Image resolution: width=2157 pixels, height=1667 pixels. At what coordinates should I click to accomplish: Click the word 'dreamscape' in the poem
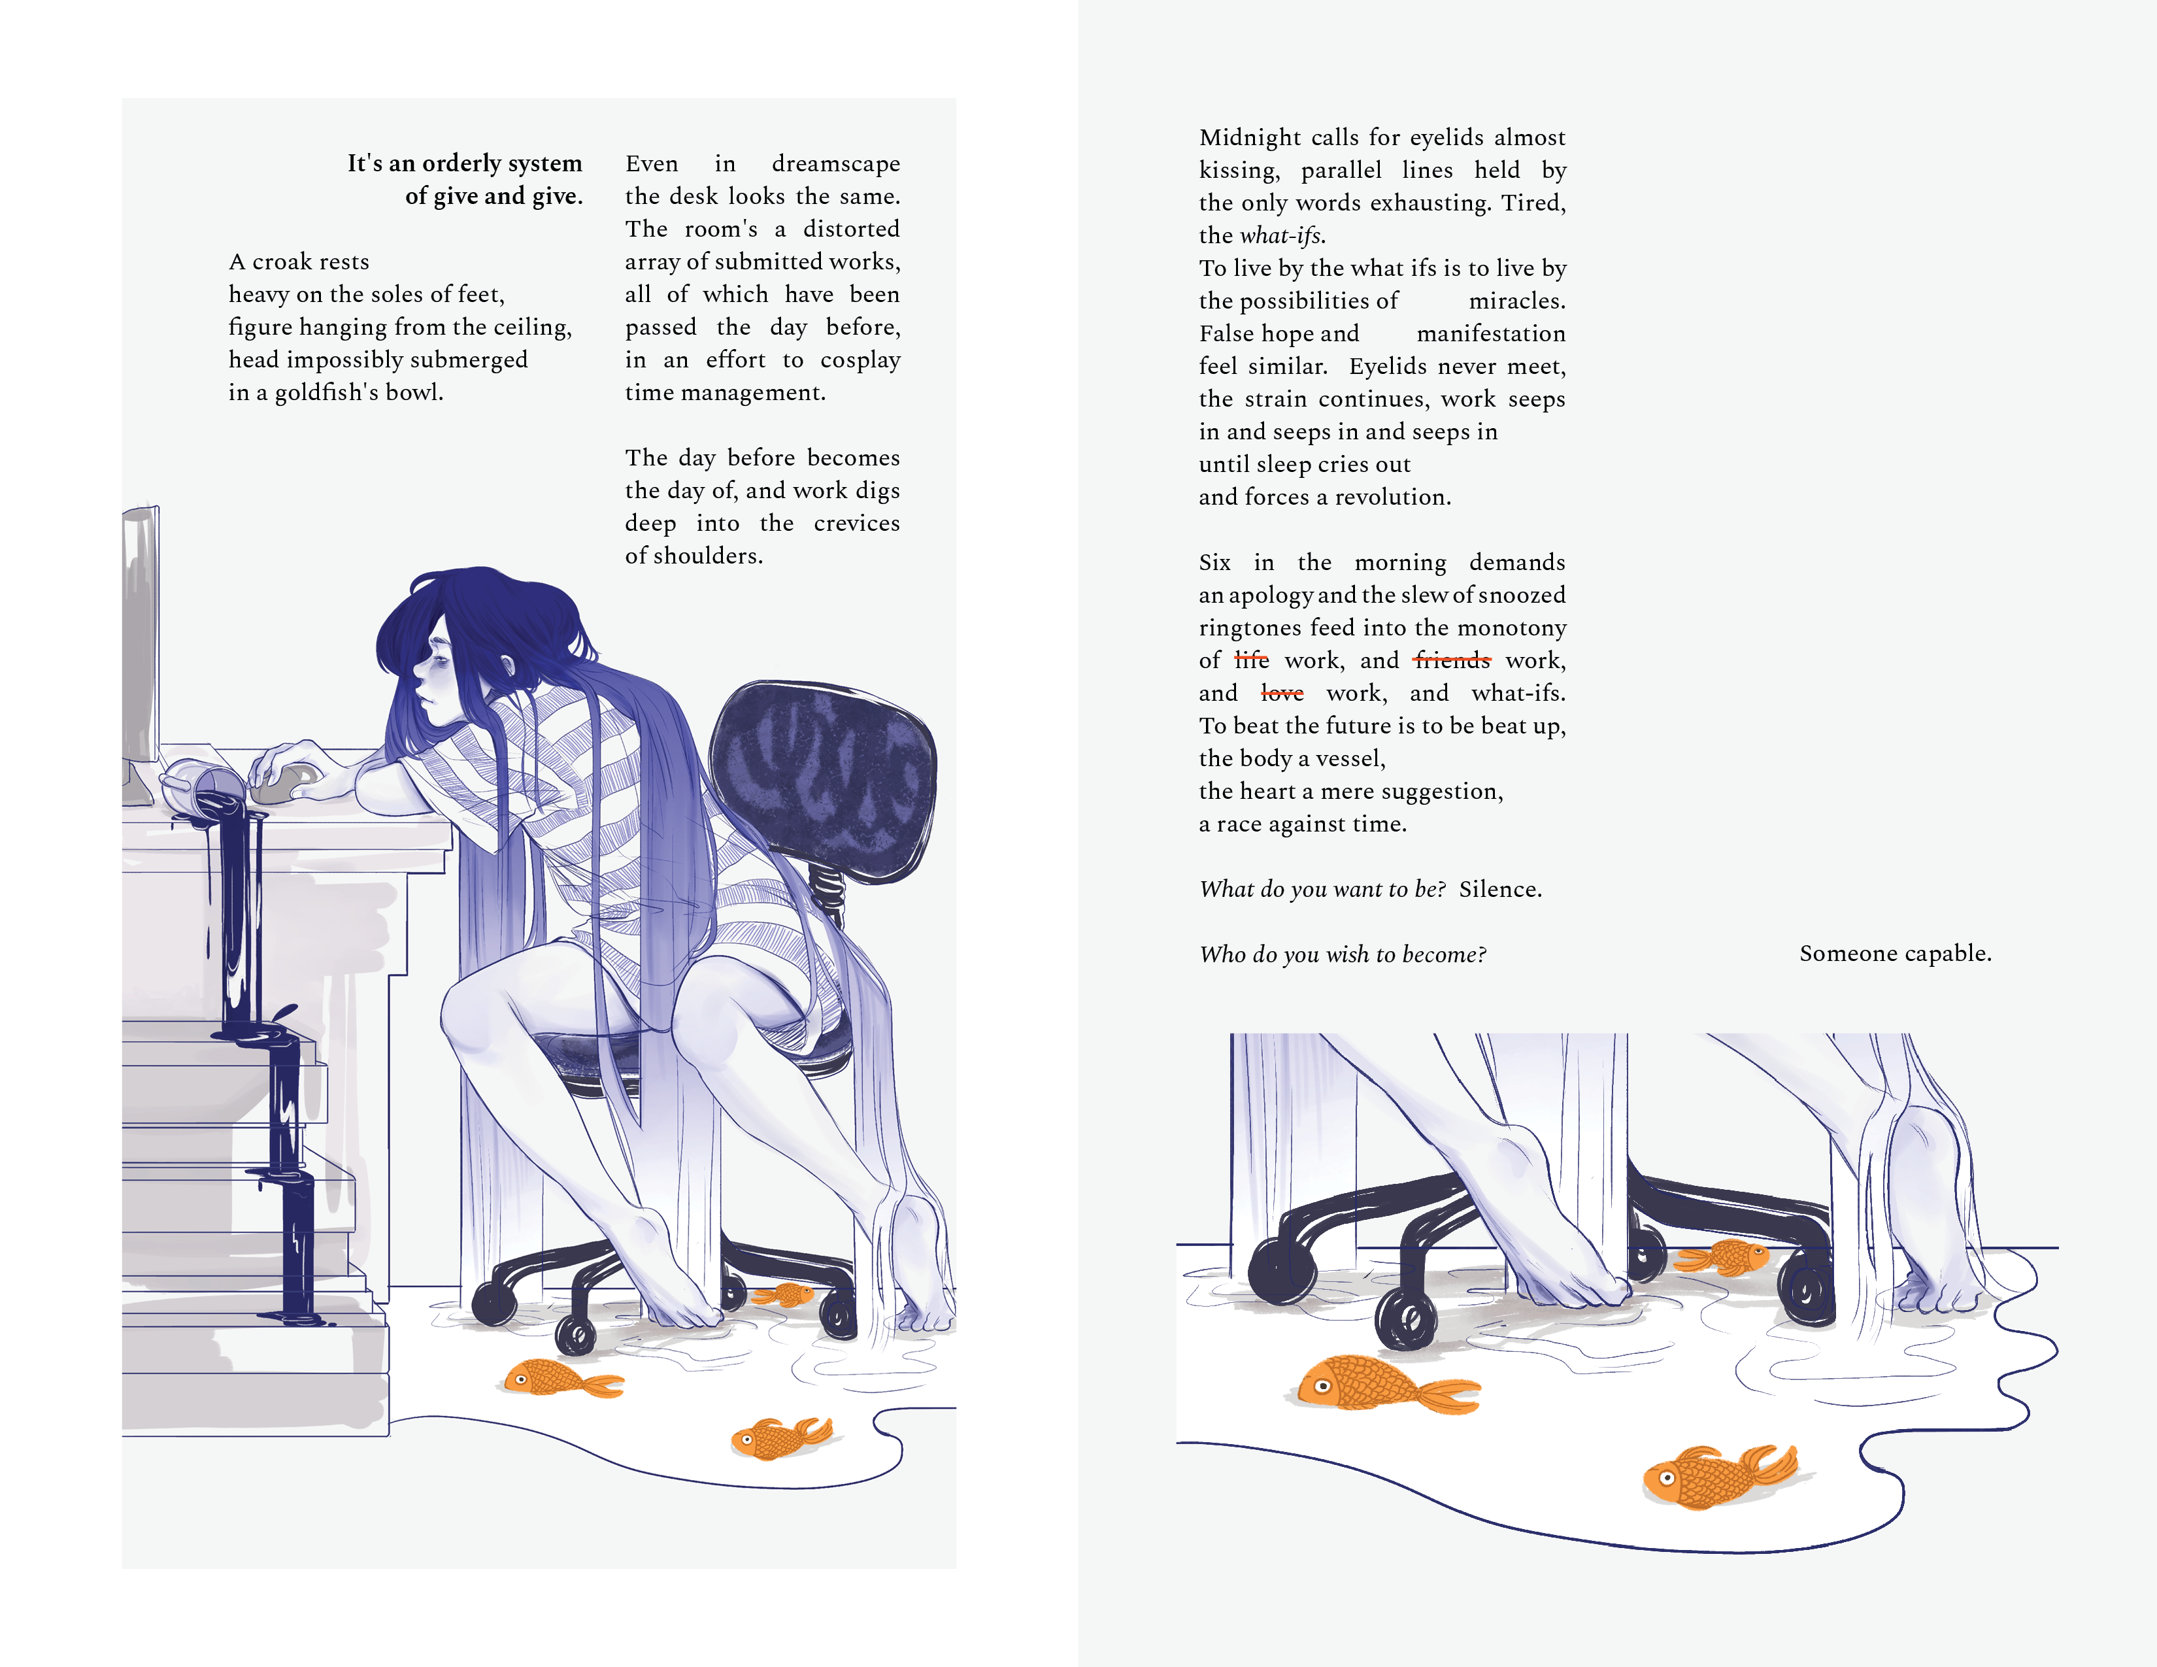pos(835,164)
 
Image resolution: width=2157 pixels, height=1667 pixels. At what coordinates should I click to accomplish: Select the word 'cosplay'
pos(860,360)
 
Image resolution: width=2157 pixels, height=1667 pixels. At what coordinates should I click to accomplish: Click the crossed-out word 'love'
pos(1282,693)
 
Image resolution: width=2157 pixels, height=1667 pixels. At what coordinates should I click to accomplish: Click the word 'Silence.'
pos(1500,889)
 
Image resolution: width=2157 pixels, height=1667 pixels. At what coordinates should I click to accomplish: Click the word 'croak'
pos(284,261)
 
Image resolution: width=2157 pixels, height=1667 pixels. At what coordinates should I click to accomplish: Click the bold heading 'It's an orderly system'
pos(464,163)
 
